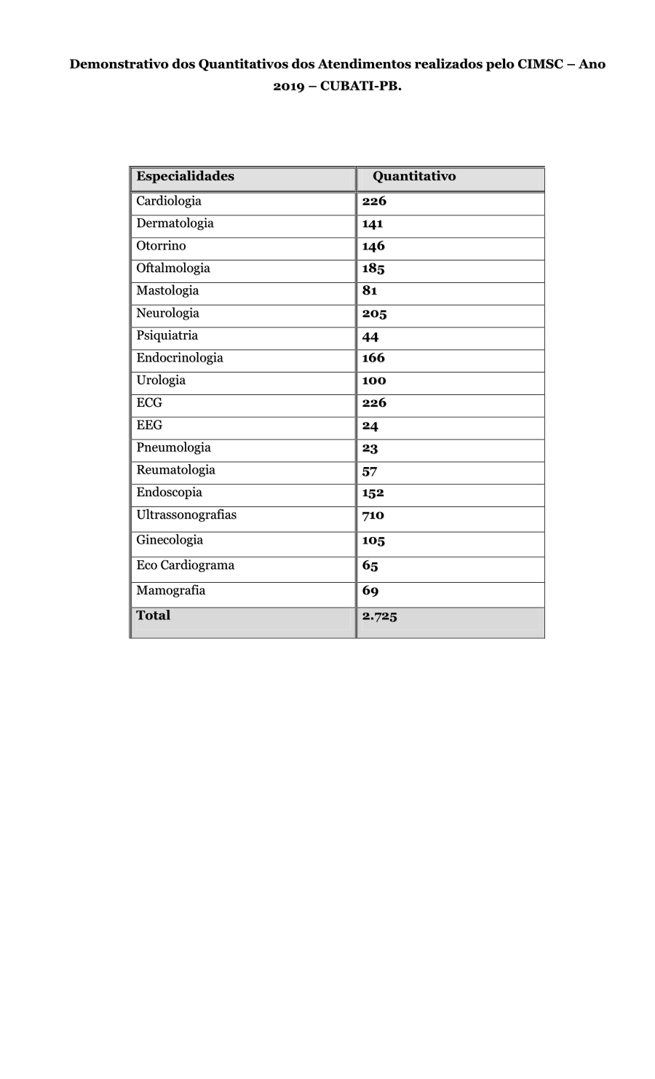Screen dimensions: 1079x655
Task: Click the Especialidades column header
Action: point(185,176)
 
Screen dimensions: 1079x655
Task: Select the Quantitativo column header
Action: point(414,176)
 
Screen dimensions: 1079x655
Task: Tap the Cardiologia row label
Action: point(169,201)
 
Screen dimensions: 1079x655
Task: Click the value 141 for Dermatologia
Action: point(373,223)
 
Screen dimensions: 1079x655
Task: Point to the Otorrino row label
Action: point(161,246)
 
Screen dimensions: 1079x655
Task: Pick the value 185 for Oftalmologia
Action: point(373,268)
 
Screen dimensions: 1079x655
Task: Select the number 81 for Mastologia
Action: point(370,290)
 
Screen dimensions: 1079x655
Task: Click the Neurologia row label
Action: point(167,314)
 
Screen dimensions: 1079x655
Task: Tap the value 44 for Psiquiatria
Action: point(370,336)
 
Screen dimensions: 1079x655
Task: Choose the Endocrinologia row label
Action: point(180,358)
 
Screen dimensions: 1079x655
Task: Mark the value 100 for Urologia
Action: point(374,381)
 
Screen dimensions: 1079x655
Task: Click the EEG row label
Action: point(149,425)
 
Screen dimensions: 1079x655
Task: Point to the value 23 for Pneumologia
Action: point(370,448)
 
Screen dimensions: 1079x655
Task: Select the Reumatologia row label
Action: point(175,470)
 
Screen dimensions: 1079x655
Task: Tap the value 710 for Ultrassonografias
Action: point(373,515)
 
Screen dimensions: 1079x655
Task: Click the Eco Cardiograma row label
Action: point(185,565)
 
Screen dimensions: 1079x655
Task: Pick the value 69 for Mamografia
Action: point(370,591)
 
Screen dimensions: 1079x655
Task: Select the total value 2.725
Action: point(380,616)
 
